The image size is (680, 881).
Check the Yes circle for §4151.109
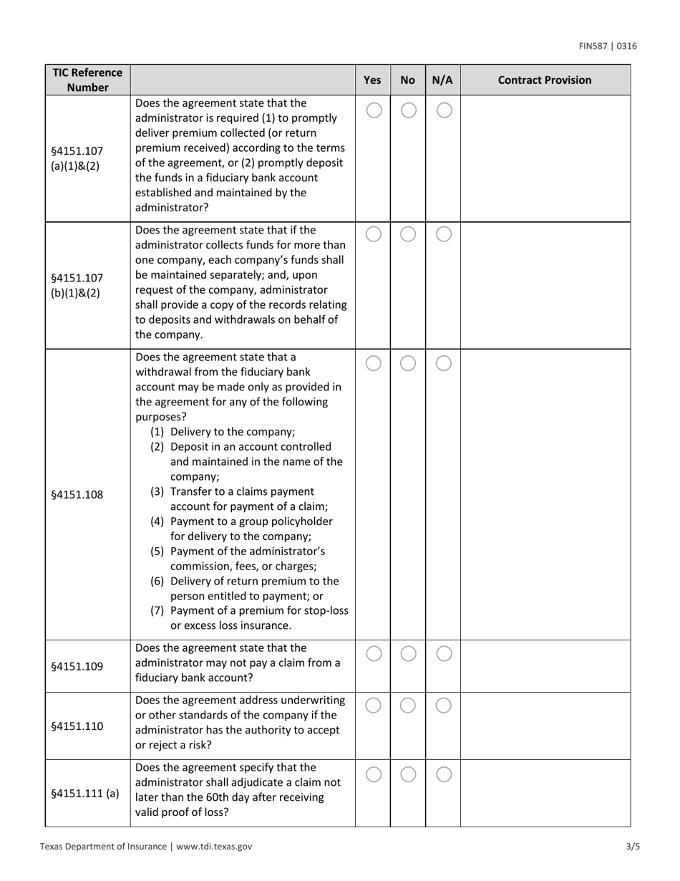pyautogui.click(x=373, y=653)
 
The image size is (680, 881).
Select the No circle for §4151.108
pyautogui.click(x=408, y=364)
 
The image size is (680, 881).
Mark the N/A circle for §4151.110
pyautogui.click(x=444, y=706)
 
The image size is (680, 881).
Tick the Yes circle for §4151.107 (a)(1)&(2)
pyautogui.click(x=373, y=110)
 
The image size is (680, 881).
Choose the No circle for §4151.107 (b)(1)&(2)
pyautogui.click(x=408, y=234)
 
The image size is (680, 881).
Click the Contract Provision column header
pyautogui.click(x=545, y=80)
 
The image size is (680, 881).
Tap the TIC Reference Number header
pyautogui.click(x=87, y=80)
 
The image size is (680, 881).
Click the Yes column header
pyautogui.click(x=372, y=80)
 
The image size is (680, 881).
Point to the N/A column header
pyautogui.click(x=443, y=80)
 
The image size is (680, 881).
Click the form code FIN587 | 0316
pyautogui.click(x=608, y=47)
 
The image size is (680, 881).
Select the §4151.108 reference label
pyautogui.click(x=77, y=494)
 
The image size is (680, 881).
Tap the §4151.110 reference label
pyautogui.click(x=77, y=726)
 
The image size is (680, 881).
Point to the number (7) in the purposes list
pyautogui.click(x=157, y=610)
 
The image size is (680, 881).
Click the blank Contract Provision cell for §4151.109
pyautogui.click(x=545, y=666)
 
